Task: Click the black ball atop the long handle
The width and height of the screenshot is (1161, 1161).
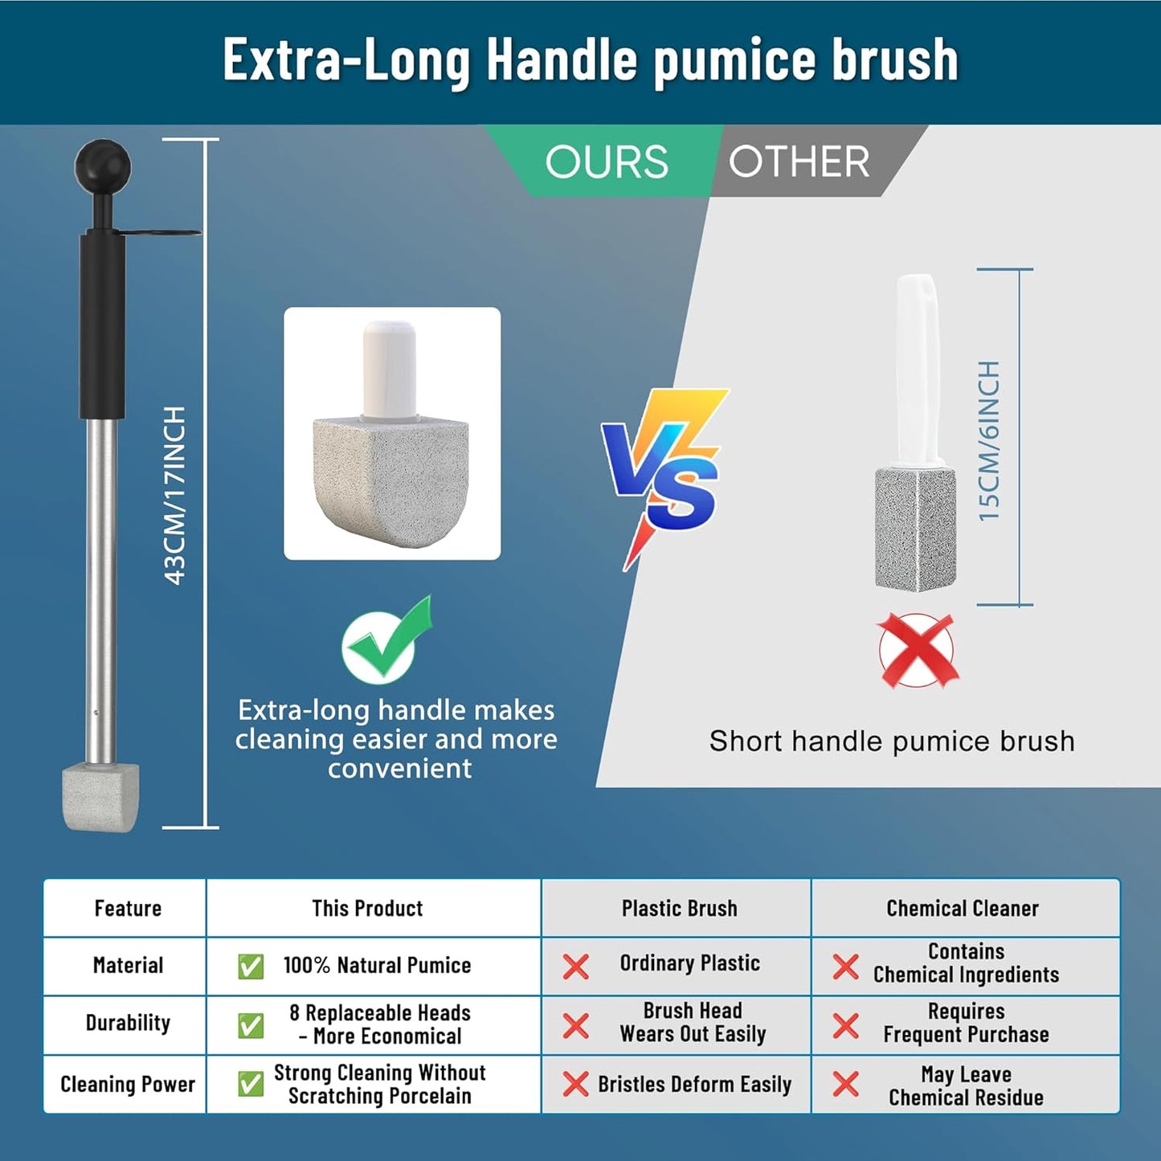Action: [103, 166]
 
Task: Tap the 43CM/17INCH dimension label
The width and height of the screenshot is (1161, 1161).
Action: [175, 495]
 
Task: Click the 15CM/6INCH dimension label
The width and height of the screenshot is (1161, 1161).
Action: [989, 441]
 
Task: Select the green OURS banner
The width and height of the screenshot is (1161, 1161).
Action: [607, 162]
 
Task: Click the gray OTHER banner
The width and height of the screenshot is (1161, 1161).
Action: [799, 162]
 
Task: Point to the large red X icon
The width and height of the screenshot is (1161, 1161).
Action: [917, 650]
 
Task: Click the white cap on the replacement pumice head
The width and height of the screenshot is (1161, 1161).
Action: [389, 370]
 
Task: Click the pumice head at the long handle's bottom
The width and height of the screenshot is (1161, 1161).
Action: [101, 797]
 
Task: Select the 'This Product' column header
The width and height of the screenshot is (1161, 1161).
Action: [367, 909]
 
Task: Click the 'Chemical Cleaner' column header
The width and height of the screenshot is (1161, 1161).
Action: [963, 909]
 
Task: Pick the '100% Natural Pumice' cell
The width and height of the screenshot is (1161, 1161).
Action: [377, 965]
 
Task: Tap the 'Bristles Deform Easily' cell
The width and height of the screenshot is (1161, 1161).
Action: [694, 1085]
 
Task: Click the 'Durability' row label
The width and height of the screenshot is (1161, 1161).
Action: [128, 1023]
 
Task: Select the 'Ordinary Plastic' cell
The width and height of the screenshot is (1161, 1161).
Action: [689, 963]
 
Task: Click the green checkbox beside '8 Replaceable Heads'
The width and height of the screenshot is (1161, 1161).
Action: [251, 1025]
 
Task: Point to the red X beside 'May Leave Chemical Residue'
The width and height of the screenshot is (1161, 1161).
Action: [845, 1084]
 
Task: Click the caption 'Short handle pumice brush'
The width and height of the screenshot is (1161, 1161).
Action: [892, 741]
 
